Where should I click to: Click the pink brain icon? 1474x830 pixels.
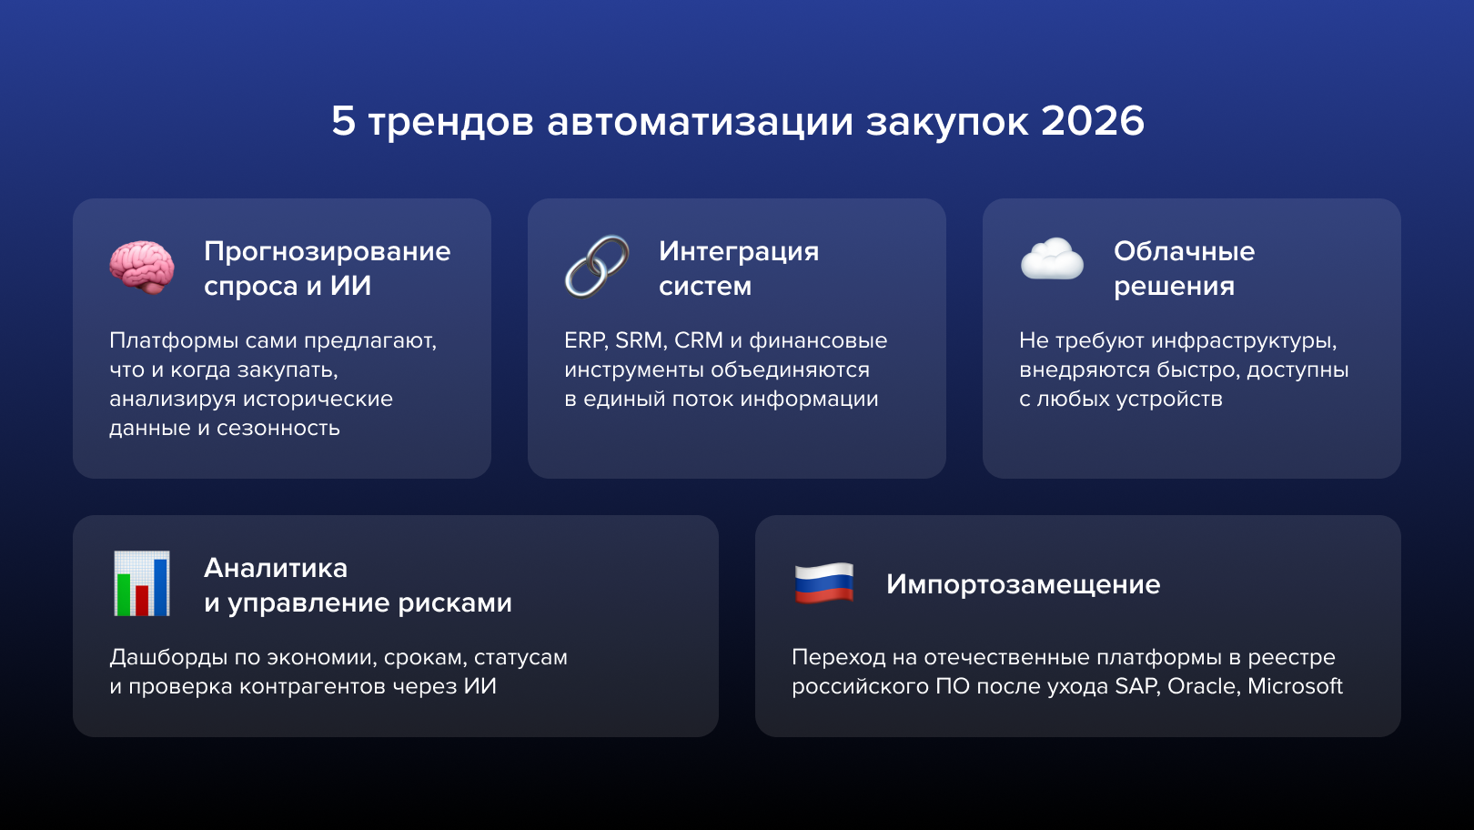(142, 268)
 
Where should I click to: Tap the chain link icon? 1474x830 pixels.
(597, 267)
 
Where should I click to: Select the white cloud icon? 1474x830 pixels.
(1052, 259)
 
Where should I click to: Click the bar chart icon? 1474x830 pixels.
(142, 583)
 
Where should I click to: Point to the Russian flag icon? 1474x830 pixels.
(824, 583)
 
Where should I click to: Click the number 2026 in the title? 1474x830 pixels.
(1092, 121)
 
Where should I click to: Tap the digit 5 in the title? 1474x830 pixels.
(343, 121)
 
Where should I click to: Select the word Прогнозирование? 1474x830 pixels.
(327, 251)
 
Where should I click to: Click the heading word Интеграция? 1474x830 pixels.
(738, 251)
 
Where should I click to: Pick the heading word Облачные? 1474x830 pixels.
(1184, 251)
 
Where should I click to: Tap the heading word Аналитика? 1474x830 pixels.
(276, 568)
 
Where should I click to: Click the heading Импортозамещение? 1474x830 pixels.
(1023, 584)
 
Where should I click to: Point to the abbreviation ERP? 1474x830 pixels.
(585, 340)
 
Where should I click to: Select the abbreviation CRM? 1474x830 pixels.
(698, 340)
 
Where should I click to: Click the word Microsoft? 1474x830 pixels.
(1295, 686)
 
